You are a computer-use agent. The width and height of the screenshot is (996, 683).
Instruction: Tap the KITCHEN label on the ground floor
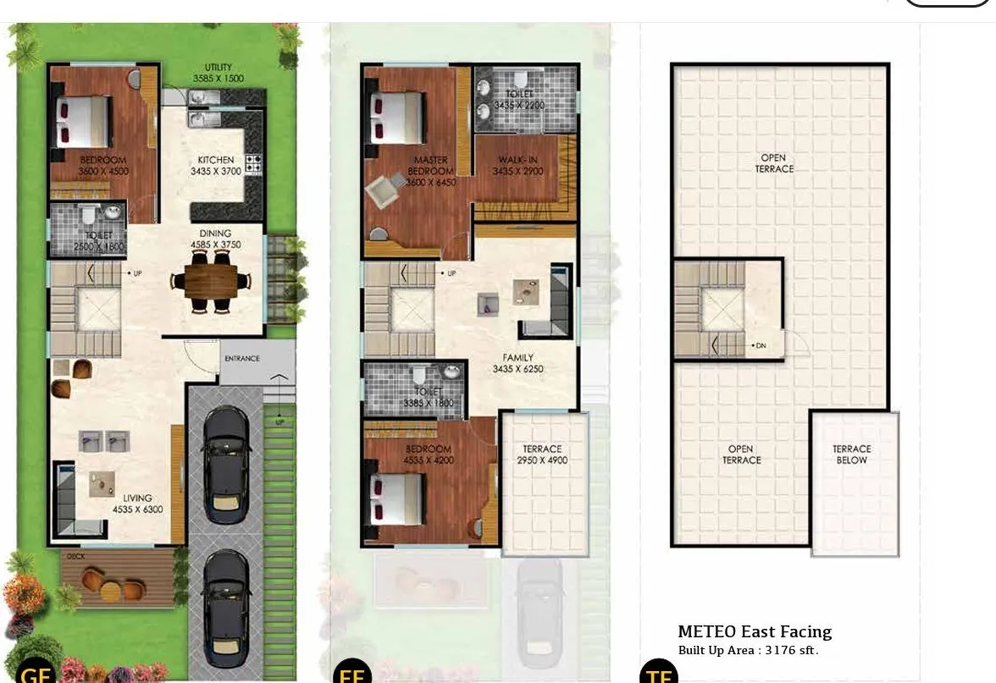tap(216, 160)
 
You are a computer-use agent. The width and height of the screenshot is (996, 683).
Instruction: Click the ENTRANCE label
tap(241, 359)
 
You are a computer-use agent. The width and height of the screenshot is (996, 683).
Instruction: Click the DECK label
tap(74, 557)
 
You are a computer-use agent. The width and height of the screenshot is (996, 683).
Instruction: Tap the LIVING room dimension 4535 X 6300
tap(137, 509)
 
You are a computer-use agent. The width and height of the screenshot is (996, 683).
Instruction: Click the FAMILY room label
tap(517, 358)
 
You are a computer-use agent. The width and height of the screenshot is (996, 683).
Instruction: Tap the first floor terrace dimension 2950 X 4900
tap(542, 460)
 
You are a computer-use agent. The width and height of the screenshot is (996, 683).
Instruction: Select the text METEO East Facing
tap(755, 631)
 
